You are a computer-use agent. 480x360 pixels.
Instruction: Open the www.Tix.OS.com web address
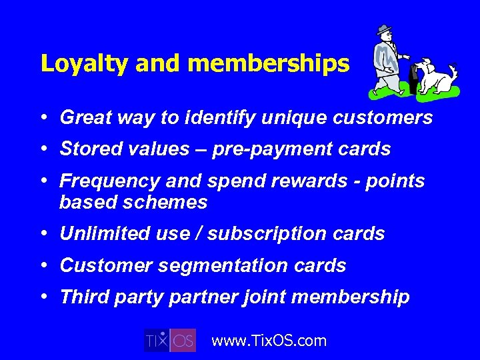pos(269,341)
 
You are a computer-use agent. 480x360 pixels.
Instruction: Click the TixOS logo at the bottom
pos(171,340)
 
